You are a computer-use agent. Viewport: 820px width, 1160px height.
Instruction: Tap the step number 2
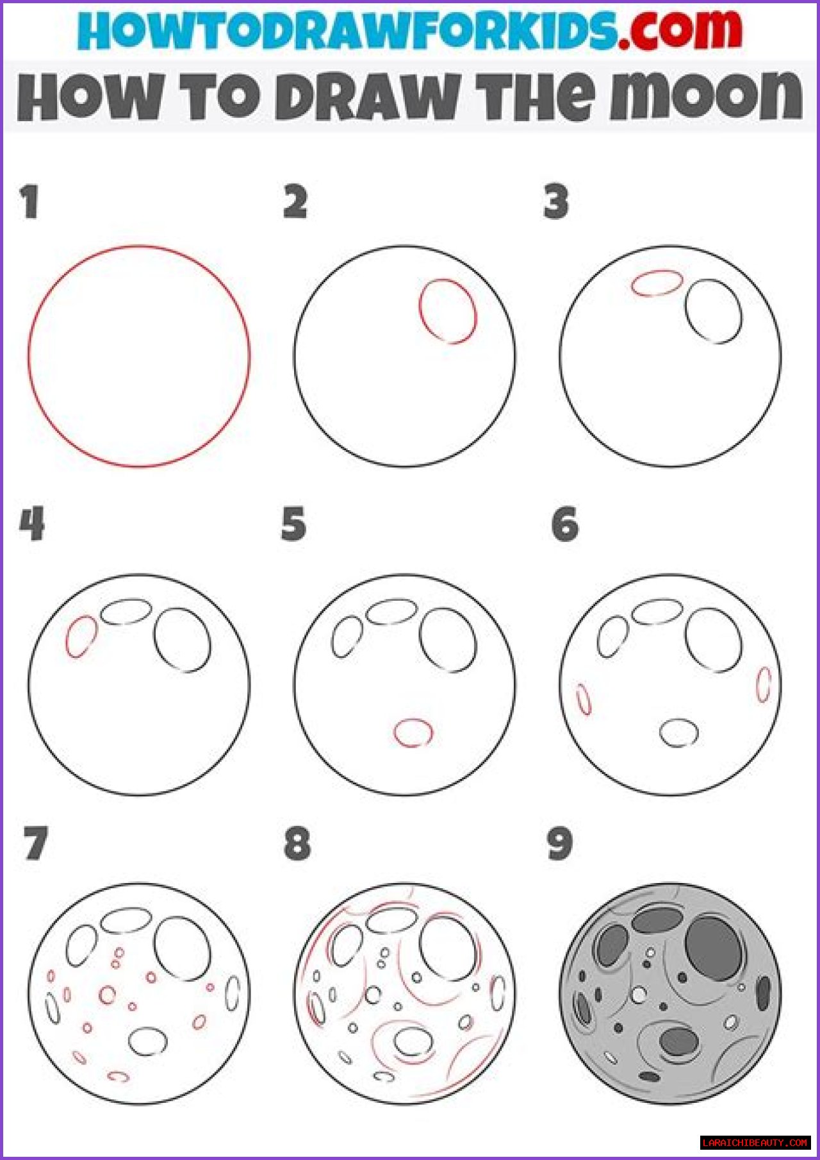click(x=295, y=202)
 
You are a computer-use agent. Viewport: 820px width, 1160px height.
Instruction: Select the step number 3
click(x=556, y=202)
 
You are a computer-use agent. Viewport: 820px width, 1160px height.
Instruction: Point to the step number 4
click(x=32, y=524)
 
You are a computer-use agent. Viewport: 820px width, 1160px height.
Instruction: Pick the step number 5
click(x=294, y=524)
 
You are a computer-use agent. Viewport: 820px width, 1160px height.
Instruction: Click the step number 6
click(x=565, y=524)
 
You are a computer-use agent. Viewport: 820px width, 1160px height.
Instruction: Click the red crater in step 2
click(x=421, y=311)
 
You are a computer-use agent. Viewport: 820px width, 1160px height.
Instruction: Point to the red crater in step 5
click(x=413, y=720)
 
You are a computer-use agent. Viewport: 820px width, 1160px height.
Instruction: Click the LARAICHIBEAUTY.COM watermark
click(x=755, y=1142)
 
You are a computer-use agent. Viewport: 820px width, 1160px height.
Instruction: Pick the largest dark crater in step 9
click(x=713, y=948)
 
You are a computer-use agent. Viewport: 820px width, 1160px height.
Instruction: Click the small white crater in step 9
click(x=639, y=995)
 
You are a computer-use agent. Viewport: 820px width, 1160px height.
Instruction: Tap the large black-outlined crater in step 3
click(x=685, y=311)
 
